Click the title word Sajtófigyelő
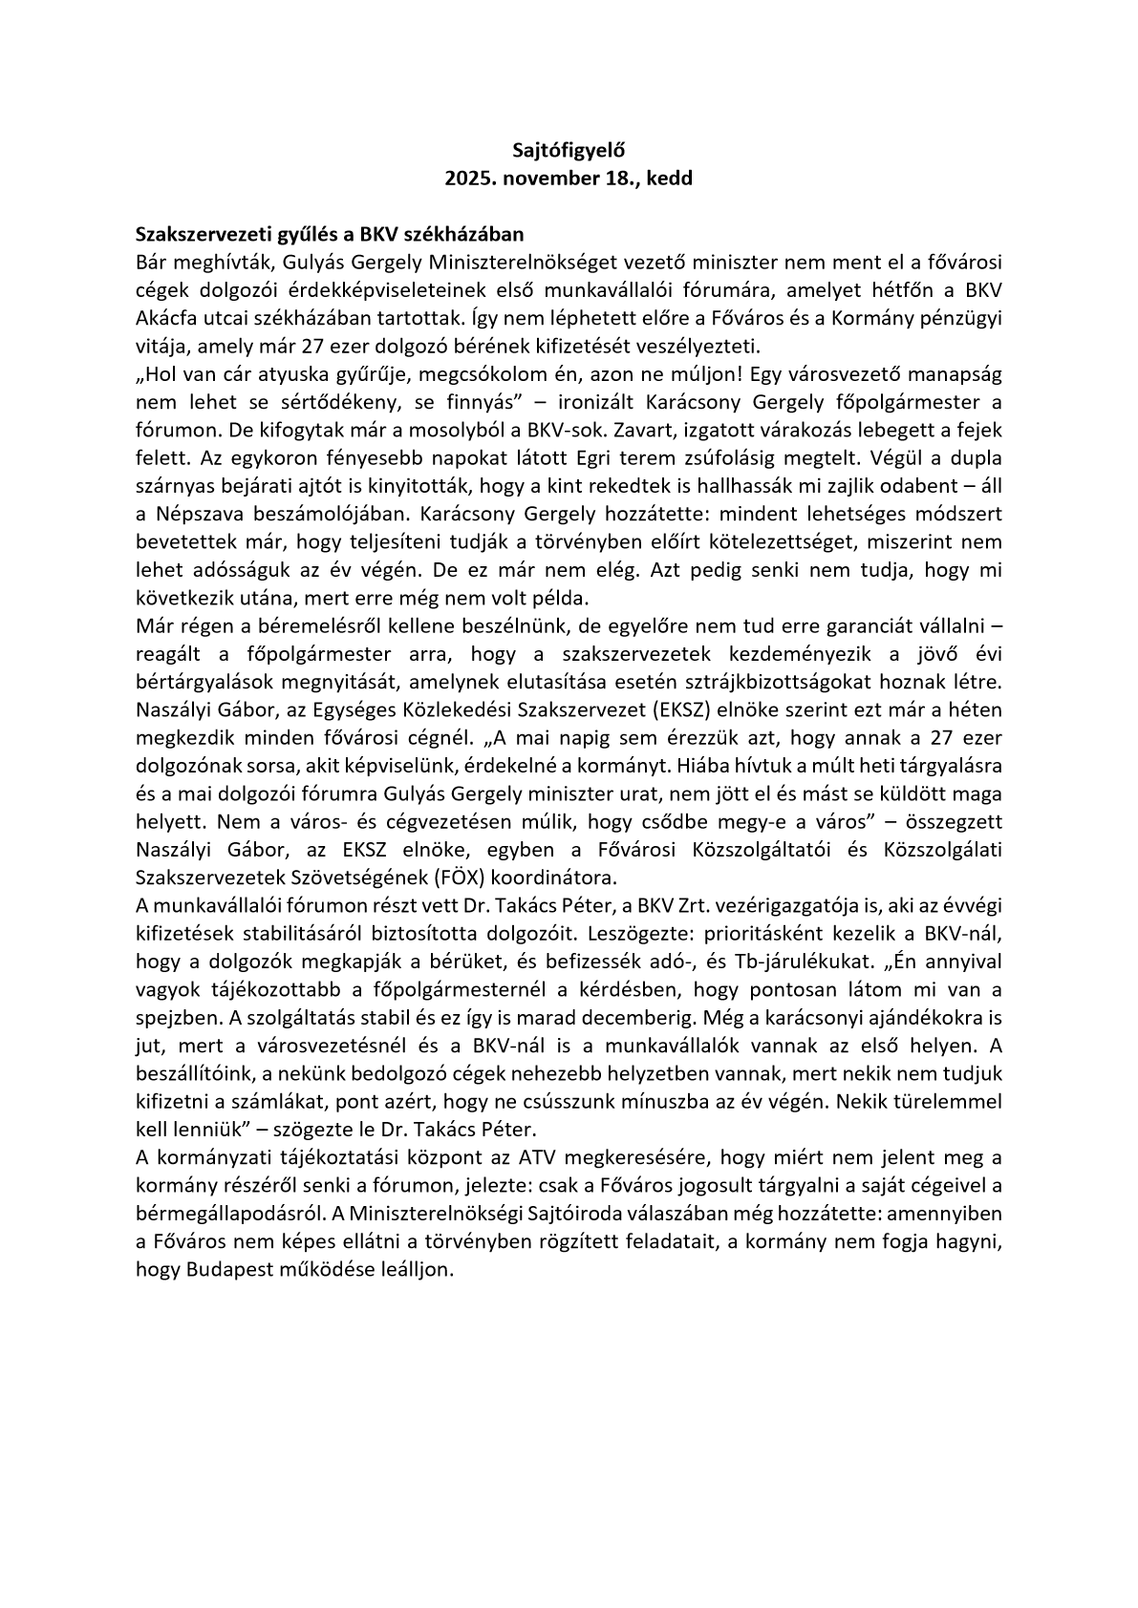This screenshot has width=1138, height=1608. tap(569, 150)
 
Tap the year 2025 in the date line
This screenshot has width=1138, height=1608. tap(469, 179)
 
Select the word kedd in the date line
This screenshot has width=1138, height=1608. tap(670, 179)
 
